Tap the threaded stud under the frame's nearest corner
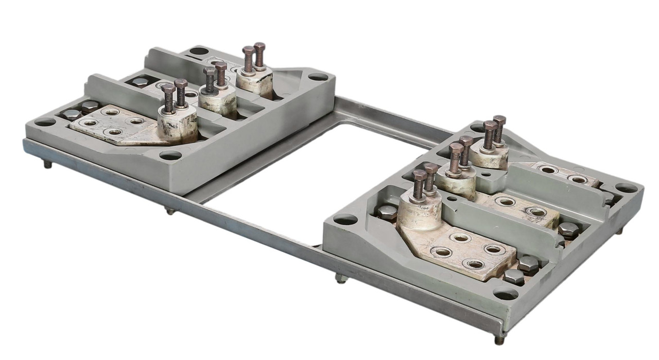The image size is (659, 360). point(499,339)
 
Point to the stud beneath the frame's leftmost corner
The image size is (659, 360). point(47,164)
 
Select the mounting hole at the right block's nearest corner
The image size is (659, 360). point(505,294)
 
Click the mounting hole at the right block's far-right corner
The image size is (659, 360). point(626,188)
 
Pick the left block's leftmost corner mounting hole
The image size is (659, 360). point(45,122)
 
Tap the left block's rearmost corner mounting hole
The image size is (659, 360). point(199,51)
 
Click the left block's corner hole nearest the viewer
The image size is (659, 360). point(170,155)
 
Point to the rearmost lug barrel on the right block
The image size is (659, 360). point(489,157)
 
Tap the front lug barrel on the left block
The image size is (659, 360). point(177,126)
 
